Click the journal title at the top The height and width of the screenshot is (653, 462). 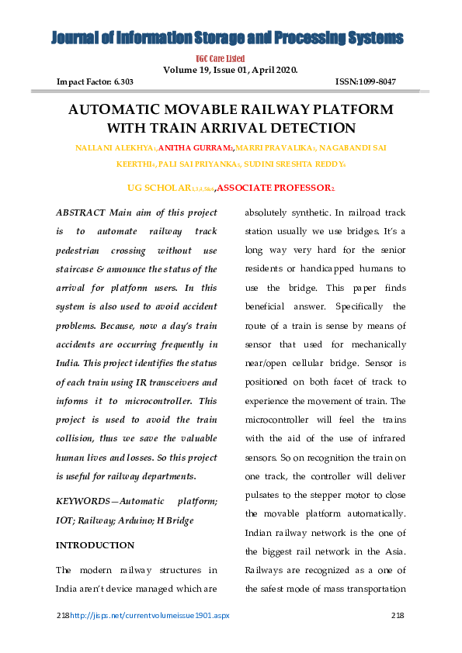[228, 38]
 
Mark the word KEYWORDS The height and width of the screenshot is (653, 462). [80, 502]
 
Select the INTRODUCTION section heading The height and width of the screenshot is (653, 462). [95, 545]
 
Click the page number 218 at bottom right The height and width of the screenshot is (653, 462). [396, 615]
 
